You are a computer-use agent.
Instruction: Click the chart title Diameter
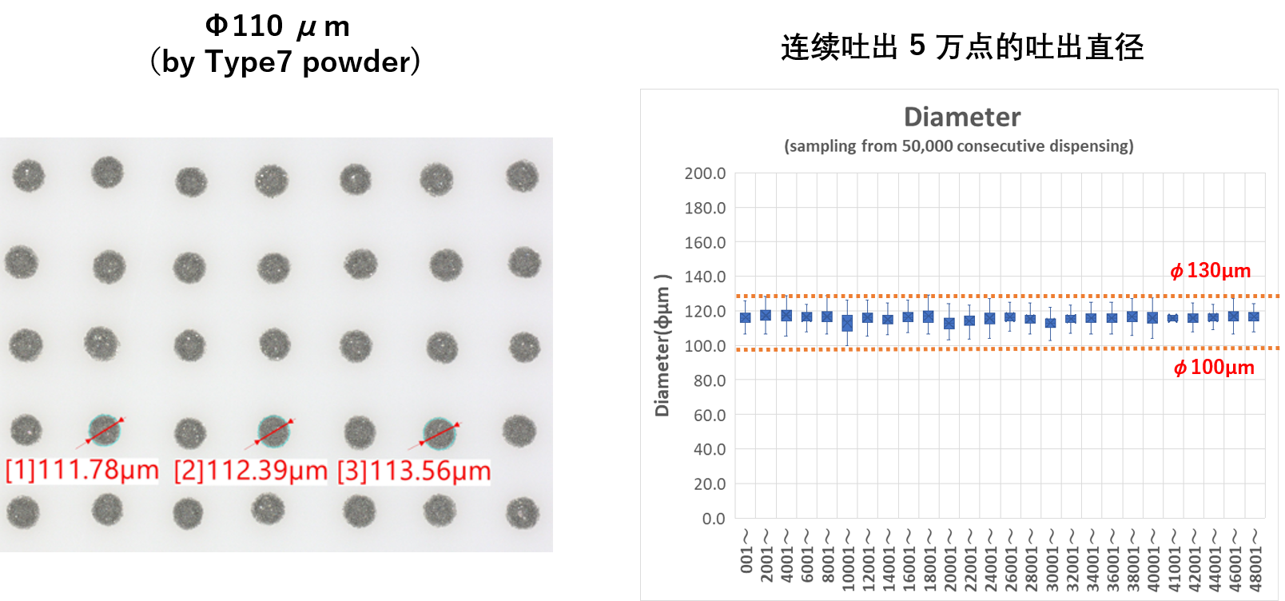coord(961,117)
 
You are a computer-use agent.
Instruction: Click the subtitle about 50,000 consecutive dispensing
coord(958,146)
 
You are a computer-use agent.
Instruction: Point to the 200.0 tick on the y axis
coord(705,173)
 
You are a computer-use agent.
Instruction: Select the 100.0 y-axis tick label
coord(705,346)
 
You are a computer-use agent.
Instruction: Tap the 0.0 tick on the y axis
coord(714,519)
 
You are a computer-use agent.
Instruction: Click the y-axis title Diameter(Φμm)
coord(662,345)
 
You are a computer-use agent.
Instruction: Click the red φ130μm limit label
coord(1211,271)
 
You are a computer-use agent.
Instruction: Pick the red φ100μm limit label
coord(1214,368)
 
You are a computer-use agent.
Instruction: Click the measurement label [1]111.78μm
coord(82,470)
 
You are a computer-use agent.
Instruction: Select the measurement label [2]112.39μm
coord(251,470)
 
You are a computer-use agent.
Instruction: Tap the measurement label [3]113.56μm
coord(414,470)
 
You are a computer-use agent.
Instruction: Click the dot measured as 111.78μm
coord(104,430)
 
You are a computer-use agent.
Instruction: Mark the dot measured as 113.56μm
coord(439,434)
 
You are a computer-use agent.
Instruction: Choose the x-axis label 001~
coord(746,551)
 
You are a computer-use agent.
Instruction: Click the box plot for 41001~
coord(1172,318)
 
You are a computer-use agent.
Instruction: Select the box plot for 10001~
coord(847,323)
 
